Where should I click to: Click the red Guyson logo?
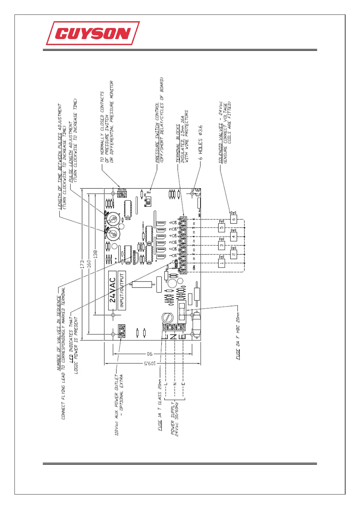[x=93, y=33]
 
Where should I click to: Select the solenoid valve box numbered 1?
[x=222, y=263]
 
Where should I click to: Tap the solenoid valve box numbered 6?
[x=233, y=219]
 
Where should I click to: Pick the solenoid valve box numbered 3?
[x=222, y=245]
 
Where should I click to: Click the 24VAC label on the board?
[x=113, y=290]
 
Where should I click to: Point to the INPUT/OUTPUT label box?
[x=122, y=290]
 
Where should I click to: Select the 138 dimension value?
[x=96, y=254]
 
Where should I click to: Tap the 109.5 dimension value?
[x=149, y=363]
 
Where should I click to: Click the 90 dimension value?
[x=149, y=354]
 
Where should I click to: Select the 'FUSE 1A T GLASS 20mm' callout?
[x=160, y=405]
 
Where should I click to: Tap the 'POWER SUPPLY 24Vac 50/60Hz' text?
[x=175, y=419]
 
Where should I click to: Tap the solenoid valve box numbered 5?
[x=222, y=228]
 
